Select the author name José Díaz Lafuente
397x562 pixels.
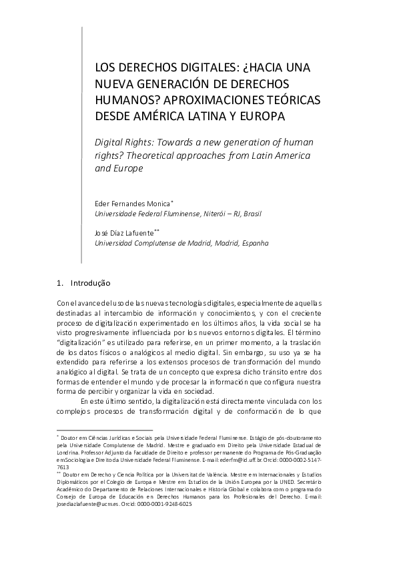[x=123, y=234]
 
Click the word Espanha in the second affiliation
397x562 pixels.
[x=250, y=244]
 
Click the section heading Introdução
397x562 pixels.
[x=91, y=283]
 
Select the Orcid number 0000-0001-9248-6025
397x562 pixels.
[x=163, y=505]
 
